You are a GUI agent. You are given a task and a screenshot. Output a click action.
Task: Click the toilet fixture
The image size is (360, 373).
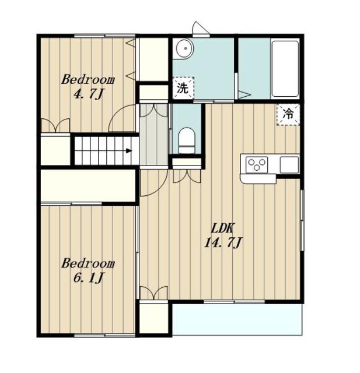click(x=187, y=140)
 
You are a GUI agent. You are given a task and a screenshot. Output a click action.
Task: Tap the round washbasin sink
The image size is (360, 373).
click(x=185, y=49)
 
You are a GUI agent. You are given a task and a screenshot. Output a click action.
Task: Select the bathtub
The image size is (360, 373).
click(x=285, y=69)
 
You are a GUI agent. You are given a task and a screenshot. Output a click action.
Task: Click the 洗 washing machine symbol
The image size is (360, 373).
click(x=183, y=88)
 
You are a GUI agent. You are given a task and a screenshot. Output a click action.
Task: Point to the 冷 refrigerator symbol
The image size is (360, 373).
click(x=288, y=115)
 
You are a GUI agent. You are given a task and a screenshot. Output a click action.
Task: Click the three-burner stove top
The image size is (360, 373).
click(x=257, y=164)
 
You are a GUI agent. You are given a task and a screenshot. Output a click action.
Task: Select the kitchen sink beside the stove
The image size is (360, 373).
click(x=289, y=164)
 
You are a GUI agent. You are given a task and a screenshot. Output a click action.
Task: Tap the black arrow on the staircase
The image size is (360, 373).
click(x=129, y=150)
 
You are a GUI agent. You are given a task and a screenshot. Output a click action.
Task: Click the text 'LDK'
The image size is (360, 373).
click(x=223, y=228)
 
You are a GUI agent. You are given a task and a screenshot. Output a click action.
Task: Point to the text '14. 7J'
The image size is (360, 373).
click(x=223, y=244)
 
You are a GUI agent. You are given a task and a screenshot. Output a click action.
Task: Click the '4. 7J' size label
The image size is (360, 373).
click(x=88, y=94)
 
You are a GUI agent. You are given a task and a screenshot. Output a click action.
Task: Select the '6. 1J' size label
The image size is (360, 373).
click(x=88, y=278)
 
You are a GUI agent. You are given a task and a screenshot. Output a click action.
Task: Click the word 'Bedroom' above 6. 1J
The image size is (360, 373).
click(x=88, y=263)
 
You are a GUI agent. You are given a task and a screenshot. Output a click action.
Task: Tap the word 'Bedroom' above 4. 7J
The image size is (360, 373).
click(x=88, y=80)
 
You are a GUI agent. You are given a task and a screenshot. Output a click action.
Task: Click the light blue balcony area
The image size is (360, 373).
click(x=237, y=319)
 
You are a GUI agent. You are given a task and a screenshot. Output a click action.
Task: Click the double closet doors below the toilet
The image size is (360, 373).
click(x=187, y=176)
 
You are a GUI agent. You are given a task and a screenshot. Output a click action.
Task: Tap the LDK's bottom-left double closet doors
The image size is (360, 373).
click(x=154, y=293)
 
